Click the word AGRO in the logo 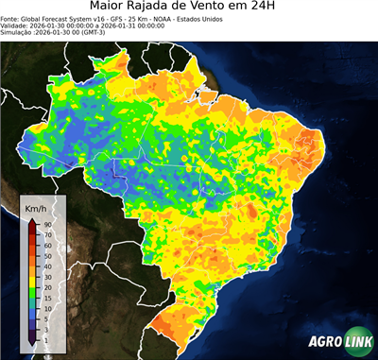325,342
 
